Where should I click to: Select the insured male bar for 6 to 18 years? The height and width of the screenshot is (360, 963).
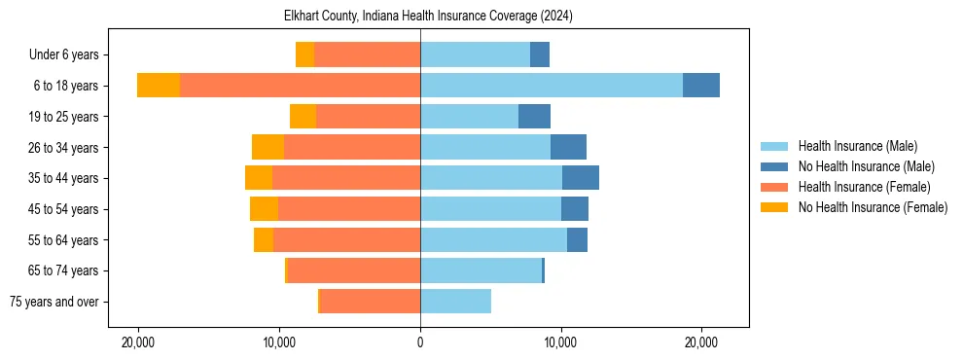click(x=551, y=86)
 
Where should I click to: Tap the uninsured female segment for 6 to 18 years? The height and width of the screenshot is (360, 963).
click(x=159, y=86)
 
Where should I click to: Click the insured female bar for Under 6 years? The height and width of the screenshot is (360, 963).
click(x=367, y=54)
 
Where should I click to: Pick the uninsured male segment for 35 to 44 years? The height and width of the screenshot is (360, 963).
click(x=581, y=178)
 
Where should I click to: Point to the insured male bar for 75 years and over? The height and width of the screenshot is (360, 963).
click(x=455, y=302)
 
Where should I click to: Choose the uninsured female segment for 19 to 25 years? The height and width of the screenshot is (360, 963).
click(x=303, y=117)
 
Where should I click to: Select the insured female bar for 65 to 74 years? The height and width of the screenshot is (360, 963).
click(x=354, y=270)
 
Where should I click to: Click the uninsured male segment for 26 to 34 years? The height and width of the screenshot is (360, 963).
click(x=568, y=147)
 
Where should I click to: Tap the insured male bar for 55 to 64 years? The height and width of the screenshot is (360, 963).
click(x=493, y=239)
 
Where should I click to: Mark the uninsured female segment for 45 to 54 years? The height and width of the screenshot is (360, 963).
click(x=264, y=209)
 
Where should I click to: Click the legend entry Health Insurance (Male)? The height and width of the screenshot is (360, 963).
click(x=857, y=146)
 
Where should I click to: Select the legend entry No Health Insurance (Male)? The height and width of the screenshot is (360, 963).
click(x=866, y=166)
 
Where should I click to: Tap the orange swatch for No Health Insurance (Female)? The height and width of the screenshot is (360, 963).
click(x=775, y=207)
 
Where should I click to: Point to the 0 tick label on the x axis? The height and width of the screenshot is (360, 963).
click(x=420, y=343)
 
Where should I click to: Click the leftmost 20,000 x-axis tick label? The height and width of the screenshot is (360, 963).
click(x=139, y=343)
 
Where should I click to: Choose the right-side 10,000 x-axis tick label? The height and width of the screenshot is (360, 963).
click(x=561, y=343)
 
